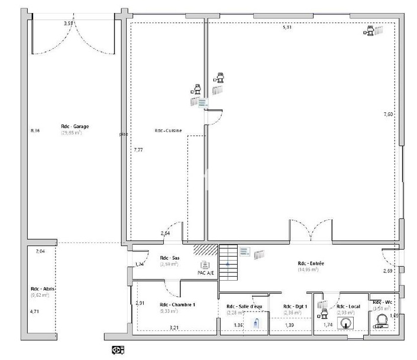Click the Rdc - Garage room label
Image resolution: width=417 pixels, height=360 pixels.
[x=75, y=127]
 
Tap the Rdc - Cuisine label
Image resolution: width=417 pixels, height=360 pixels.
[x=168, y=131]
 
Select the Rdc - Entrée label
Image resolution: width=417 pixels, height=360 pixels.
[x=311, y=263]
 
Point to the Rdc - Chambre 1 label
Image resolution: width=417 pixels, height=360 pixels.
[x=177, y=304]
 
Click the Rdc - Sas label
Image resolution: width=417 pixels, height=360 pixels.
[x=170, y=258]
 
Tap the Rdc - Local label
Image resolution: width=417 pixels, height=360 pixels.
[x=348, y=306]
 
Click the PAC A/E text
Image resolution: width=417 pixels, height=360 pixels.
[x=206, y=273]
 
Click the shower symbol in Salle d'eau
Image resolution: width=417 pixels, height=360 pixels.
[x=256, y=323]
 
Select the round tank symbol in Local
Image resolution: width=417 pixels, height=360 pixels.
[x=346, y=322]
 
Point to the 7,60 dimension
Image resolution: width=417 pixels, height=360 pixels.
[x=387, y=114]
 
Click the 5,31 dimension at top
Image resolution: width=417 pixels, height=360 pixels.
[x=287, y=27]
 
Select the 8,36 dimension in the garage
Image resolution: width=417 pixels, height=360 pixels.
[x=35, y=131]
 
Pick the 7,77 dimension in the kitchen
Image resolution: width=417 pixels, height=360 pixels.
[x=138, y=150]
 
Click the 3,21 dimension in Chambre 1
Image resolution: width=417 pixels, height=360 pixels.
[x=174, y=327]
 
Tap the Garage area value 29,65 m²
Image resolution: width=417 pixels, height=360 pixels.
[x=71, y=133]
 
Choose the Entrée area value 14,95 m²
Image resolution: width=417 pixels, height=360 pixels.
[x=308, y=270]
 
